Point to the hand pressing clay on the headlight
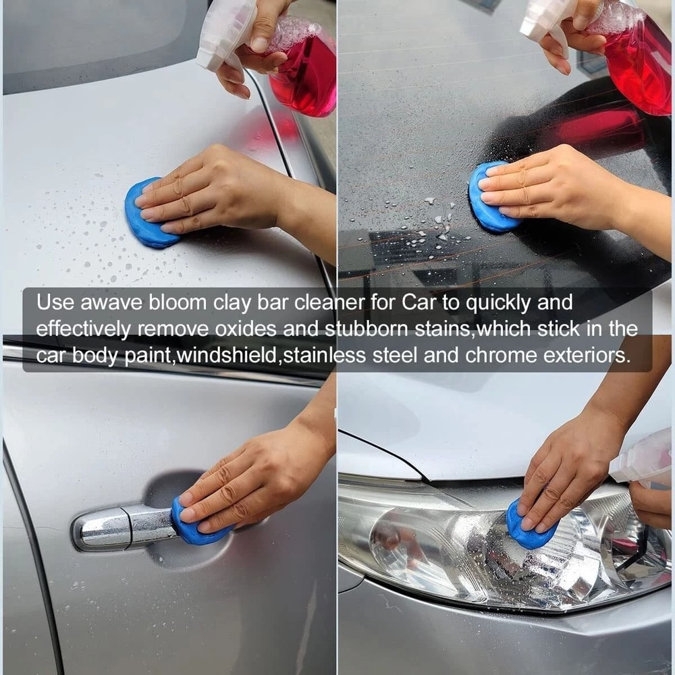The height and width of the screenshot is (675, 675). (567, 473)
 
